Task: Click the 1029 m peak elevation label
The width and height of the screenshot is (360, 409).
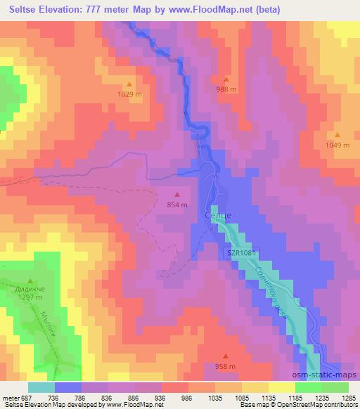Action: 129,93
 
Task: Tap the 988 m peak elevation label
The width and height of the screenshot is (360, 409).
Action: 226,89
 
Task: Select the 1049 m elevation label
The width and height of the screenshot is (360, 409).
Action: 337,145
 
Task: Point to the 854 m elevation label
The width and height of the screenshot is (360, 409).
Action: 177,204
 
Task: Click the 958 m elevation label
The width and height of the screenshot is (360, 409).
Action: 225,366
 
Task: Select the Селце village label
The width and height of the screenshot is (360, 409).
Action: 217,214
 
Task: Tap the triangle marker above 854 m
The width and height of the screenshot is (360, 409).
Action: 177,195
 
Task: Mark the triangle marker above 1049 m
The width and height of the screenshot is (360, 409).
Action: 337,135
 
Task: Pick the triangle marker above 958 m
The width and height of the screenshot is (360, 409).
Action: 225,356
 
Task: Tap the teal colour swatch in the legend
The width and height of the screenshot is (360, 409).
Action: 41,387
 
